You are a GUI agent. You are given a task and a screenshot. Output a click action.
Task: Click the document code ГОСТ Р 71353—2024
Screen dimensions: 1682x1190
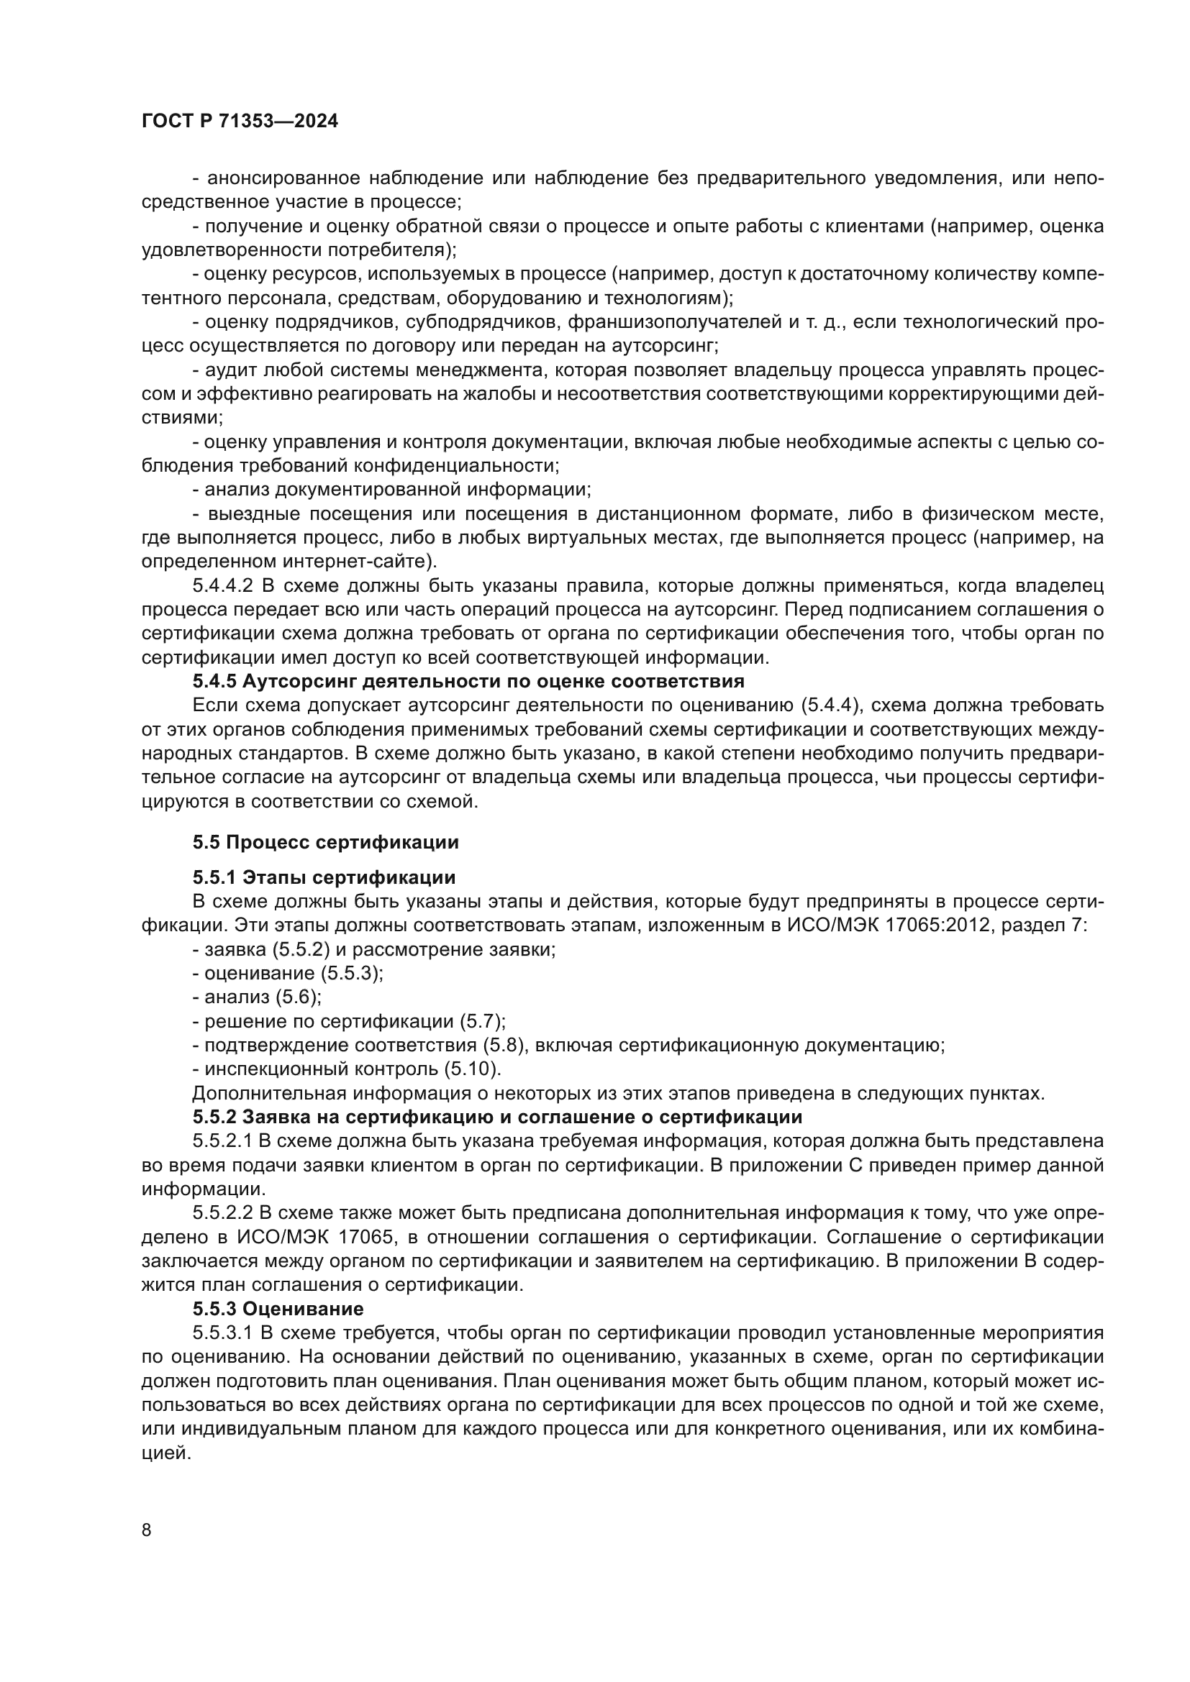(x=240, y=122)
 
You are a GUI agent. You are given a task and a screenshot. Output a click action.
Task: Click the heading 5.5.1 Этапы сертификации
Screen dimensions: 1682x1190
(x=324, y=877)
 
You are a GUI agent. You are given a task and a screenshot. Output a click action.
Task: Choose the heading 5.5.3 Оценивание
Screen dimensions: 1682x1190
(x=278, y=1309)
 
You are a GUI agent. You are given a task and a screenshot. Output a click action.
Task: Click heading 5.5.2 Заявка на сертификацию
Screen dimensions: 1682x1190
(x=497, y=1117)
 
